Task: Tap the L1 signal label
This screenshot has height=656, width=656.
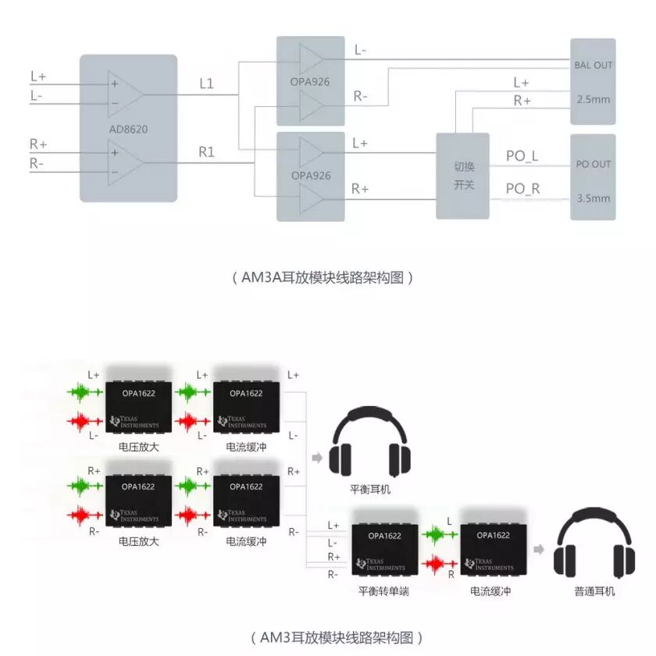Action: [206, 84]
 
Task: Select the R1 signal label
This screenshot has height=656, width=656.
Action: [206, 152]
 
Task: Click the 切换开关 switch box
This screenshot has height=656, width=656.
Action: [465, 176]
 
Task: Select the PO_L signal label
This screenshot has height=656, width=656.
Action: [522, 156]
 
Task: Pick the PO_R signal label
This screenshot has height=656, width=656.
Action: [522, 188]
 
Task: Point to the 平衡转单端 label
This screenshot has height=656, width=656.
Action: [383, 591]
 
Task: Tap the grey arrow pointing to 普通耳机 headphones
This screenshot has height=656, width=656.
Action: [539, 550]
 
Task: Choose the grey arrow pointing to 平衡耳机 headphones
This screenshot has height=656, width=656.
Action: [316, 458]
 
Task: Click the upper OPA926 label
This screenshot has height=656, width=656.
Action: [311, 81]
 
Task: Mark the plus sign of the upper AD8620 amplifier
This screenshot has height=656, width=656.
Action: [115, 84]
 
